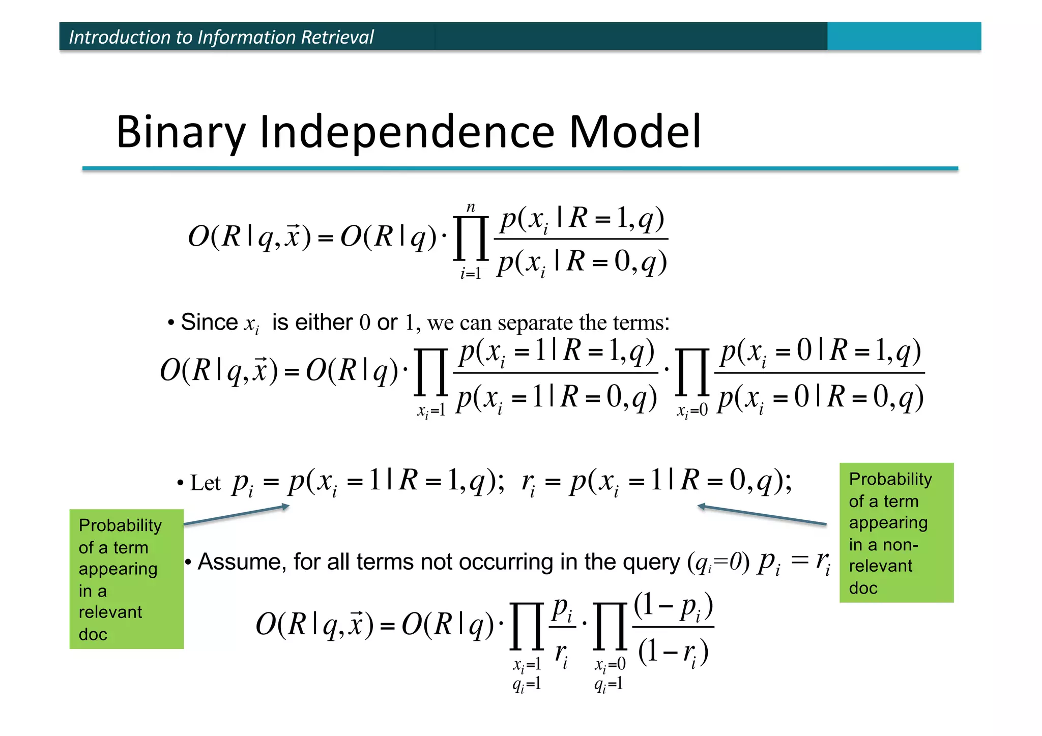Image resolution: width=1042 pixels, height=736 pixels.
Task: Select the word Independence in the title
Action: click(x=407, y=132)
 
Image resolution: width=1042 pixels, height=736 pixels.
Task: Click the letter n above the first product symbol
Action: click(x=471, y=208)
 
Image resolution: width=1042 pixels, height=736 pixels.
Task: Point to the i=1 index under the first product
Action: click(x=471, y=274)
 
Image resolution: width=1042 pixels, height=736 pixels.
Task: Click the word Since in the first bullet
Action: click(x=209, y=322)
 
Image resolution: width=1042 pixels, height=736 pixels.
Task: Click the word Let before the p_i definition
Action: click(x=205, y=483)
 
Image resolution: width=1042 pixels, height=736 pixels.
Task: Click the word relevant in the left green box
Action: click(x=110, y=612)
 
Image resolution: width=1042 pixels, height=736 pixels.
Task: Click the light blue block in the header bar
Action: click(x=904, y=36)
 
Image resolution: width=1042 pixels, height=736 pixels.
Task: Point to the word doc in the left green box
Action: click(x=93, y=634)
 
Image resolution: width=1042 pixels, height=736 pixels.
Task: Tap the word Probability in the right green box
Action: click(x=890, y=479)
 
